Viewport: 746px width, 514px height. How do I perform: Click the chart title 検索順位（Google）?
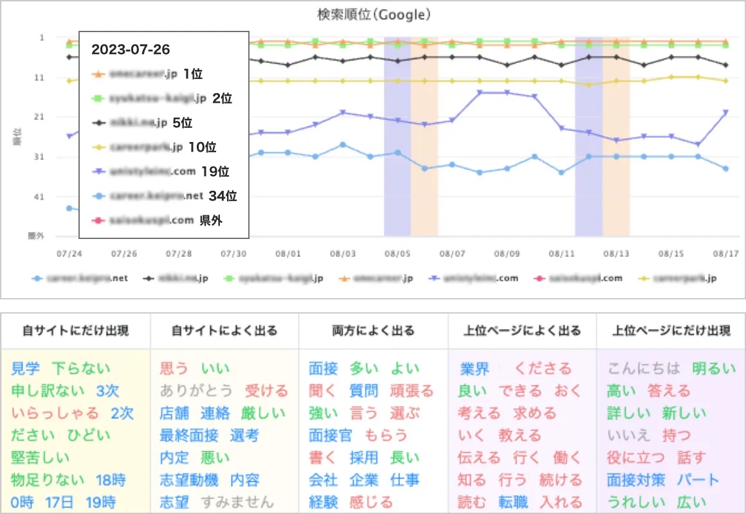click(373, 15)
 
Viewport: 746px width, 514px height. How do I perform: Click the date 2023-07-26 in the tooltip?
click(131, 49)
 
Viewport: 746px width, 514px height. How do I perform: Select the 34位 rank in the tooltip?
click(223, 196)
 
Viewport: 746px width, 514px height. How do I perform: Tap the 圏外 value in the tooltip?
click(212, 220)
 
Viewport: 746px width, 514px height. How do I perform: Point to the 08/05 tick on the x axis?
click(397, 254)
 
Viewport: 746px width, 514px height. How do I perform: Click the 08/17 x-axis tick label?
click(726, 254)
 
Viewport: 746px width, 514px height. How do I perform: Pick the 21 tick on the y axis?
click(41, 117)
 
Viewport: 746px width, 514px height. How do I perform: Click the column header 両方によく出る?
click(373, 332)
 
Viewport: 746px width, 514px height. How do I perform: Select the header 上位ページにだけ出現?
click(670, 332)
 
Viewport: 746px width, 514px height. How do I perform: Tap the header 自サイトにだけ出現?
click(76, 332)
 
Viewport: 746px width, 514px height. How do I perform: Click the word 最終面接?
click(189, 436)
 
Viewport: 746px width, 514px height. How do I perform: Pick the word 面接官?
click(331, 436)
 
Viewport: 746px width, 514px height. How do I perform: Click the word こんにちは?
click(643, 369)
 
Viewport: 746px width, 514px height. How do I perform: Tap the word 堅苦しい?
click(40, 458)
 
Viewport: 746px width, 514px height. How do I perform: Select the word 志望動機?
click(189, 480)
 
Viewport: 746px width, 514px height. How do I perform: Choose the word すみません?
click(237, 502)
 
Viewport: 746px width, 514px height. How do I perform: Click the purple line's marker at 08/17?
click(725, 112)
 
